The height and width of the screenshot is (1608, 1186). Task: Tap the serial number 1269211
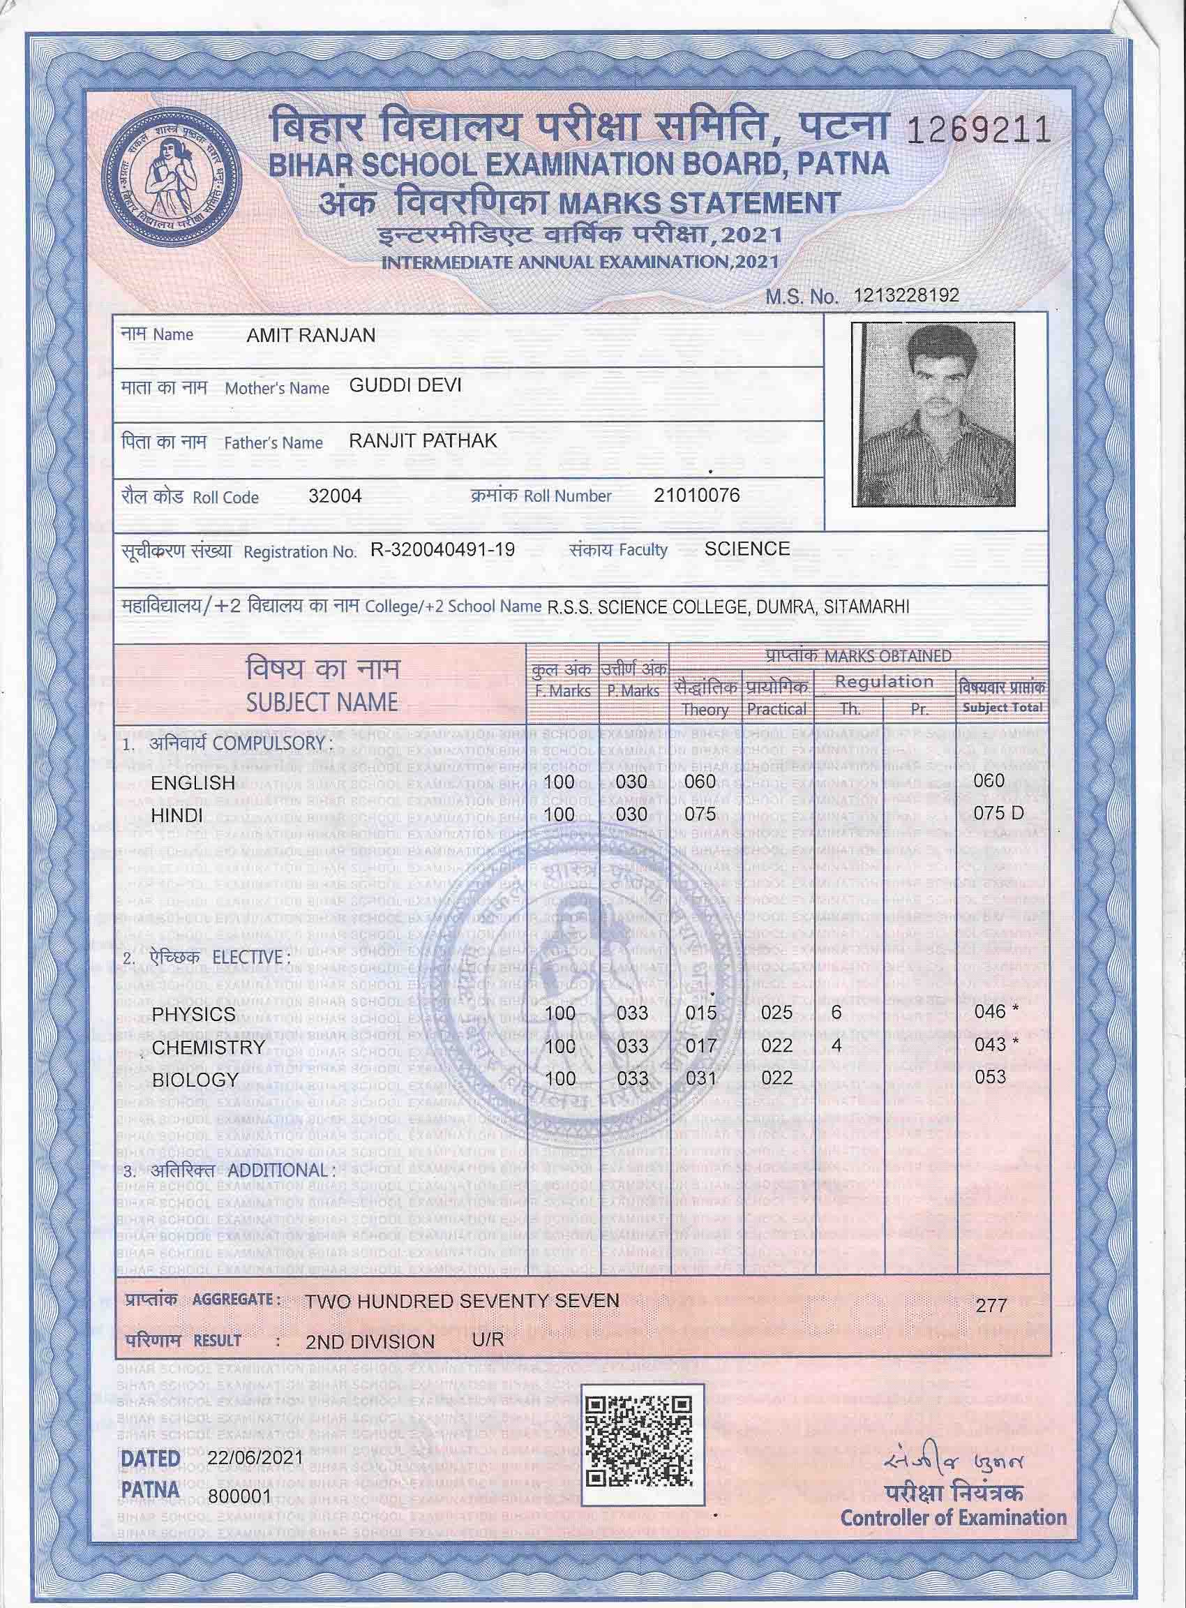click(x=979, y=131)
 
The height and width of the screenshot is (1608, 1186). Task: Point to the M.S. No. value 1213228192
click(x=906, y=295)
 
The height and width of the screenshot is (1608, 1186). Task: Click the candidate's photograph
click(x=933, y=414)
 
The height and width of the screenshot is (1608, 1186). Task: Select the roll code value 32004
click(x=335, y=496)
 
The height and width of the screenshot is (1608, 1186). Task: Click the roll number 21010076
click(x=696, y=494)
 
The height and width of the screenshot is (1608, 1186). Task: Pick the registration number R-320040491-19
click(x=442, y=550)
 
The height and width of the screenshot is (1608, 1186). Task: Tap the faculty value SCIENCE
click(x=746, y=549)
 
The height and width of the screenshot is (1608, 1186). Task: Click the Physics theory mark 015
click(x=700, y=1013)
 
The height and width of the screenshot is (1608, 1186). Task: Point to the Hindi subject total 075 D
click(x=998, y=814)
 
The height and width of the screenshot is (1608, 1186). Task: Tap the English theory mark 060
click(x=700, y=782)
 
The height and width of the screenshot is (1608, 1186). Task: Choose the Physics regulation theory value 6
click(x=836, y=1012)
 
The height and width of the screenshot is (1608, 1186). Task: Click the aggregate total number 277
click(x=991, y=1305)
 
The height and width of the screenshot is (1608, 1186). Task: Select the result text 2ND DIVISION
click(x=370, y=1341)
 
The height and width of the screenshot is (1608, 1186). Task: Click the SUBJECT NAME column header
click(x=322, y=701)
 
